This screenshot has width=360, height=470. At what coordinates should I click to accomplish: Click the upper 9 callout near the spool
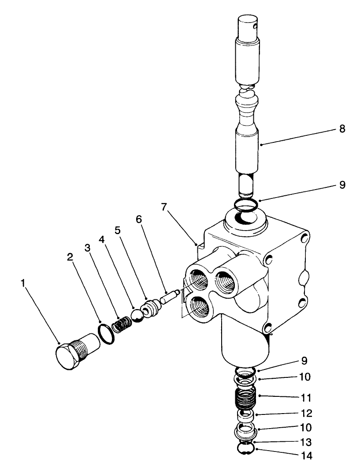coord(342,185)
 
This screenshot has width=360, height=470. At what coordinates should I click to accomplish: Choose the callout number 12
coord(307,414)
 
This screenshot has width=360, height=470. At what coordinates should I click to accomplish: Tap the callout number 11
coord(307,398)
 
